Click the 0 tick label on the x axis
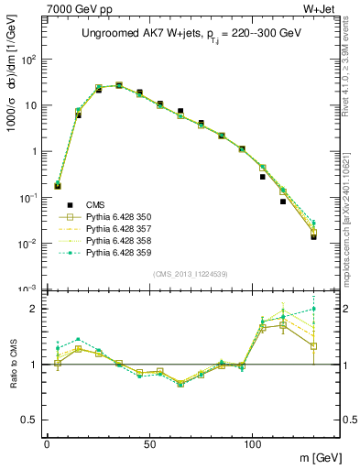(47, 443)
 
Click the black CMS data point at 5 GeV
(58, 186)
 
